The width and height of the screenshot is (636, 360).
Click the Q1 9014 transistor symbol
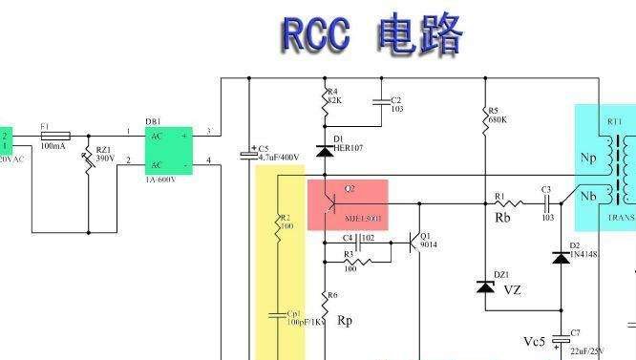click(413, 244)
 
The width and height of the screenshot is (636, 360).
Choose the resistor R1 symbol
click(507, 203)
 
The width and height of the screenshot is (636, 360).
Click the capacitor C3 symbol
click(547, 203)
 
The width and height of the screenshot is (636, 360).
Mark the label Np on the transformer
click(589, 155)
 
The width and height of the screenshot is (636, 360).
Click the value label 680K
click(497, 120)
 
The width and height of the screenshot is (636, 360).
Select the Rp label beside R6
click(345, 320)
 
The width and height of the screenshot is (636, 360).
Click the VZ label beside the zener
click(513, 290)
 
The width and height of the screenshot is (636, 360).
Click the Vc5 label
click(535, 341)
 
